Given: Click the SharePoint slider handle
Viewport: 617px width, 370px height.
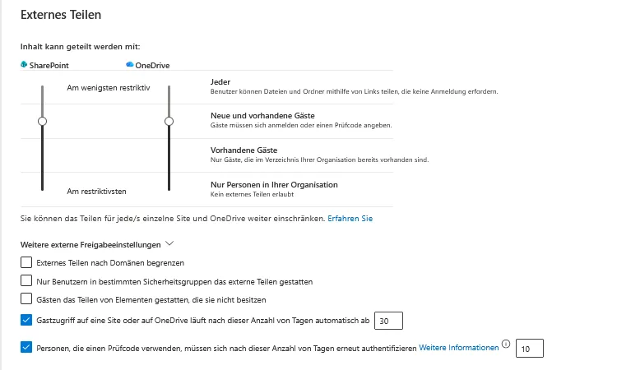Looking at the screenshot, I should click(x=42, y=121).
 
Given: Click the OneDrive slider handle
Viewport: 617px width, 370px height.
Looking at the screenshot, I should click(x=169, y=121).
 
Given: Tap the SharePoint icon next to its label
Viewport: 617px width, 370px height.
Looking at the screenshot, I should click(x=24, y=64).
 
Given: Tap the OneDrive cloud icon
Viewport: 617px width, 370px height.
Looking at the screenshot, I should click(x=130, y=64).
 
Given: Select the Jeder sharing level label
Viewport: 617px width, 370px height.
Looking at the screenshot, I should click(x=221, y=81).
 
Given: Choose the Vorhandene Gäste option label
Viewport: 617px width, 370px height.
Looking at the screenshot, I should click(x=244, y=150).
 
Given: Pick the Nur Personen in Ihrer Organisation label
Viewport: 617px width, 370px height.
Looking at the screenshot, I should click(x=274, y=185).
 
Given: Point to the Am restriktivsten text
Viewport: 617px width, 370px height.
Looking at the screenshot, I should click(x=96, y=191).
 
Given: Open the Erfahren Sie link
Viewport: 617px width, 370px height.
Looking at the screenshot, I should click(x=350, y=219).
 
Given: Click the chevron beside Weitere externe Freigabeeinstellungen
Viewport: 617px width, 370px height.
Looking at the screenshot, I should click(x=169, y=243).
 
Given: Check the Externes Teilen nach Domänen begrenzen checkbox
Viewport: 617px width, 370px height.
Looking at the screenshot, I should click(x=26, y=263).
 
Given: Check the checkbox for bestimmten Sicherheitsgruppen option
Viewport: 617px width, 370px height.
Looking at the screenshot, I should click(x=26, y=281).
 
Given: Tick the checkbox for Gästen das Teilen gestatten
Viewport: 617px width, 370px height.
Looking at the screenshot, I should click(x=26, y=299).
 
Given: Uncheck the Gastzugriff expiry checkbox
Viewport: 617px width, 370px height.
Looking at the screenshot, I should click(x=26, y=320).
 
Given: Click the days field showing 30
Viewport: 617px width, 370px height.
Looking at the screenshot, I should click(x=388, y=320).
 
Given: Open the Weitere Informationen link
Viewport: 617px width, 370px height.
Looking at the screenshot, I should click(x=459, y=348).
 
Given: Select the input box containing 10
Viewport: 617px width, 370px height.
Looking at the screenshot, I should click(x=529, y=349).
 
